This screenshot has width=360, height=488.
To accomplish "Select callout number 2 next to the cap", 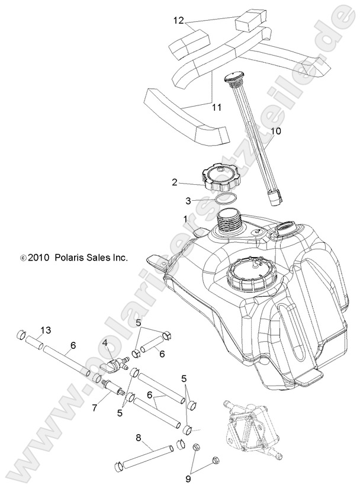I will point(174,183).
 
